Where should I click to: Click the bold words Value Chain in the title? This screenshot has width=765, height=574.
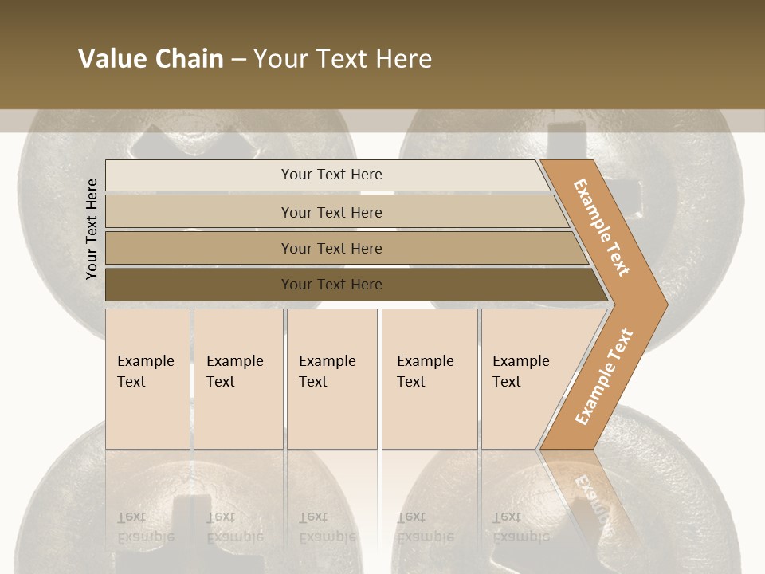click(x=151, y=59)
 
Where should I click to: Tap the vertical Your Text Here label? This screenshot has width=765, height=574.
click(x=92, y=230)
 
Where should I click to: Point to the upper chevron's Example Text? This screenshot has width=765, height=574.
click(x=601, y=227)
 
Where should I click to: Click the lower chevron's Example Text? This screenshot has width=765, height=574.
click(x=604, y=376)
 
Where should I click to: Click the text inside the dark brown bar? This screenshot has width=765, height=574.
click(x=331, y=285)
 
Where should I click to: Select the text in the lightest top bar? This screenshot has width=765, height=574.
click(x=331, y=175)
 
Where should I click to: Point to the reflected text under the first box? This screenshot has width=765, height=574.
click(x=145, y=527)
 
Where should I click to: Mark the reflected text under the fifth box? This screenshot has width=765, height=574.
click(x=520, y=527)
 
